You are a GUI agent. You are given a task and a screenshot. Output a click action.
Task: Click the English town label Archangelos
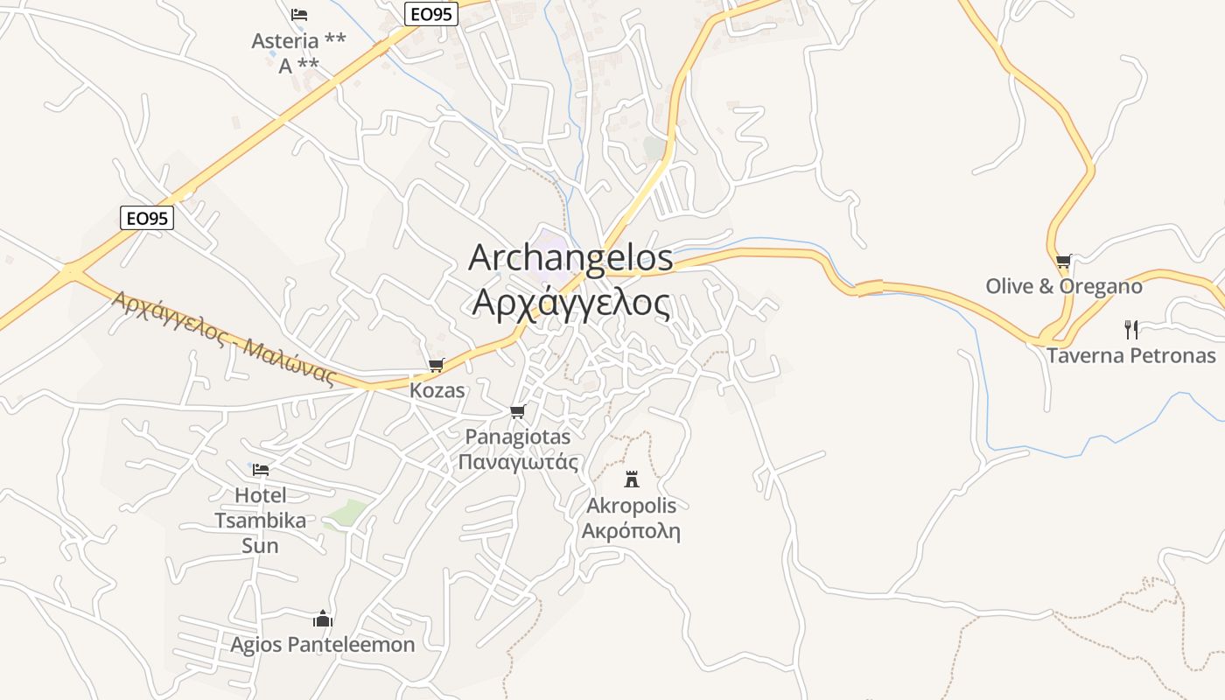click(571, 257)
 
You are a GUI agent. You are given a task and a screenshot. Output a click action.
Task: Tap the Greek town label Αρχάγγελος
click(571, 302)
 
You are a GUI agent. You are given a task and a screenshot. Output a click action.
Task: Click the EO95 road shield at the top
click(432, 13)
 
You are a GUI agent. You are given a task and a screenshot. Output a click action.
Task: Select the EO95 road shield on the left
click(147, 218)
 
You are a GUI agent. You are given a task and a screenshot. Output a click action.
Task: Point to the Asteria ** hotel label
click(298, 41)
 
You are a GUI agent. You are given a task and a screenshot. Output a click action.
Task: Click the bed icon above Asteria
click(299, 15)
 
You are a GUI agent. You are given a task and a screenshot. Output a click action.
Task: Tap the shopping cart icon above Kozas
click(436, 365)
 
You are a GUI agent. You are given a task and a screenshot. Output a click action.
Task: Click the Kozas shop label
click(437, 390)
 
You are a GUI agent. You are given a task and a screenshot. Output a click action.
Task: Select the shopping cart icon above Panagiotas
click(517, 411)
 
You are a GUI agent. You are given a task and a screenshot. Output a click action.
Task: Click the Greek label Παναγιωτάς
click(519, 461)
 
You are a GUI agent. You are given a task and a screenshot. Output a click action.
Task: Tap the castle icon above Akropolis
click(632, 479)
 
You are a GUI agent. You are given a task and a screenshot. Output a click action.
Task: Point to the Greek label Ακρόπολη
click(631, 530)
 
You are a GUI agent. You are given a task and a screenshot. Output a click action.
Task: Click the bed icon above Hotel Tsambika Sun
click(261, 470)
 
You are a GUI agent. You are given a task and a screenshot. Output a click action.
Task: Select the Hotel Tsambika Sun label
click(261, 521)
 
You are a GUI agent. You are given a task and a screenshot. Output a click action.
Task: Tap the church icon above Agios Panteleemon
click(323, 619)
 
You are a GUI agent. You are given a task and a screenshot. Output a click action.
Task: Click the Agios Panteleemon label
click(323, 645)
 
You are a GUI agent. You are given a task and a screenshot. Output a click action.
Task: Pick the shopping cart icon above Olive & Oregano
click(1063, 261)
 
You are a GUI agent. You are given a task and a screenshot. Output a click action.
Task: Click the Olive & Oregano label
click(1064, 286)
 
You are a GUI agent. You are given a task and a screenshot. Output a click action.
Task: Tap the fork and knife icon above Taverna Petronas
click(1131, 330)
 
